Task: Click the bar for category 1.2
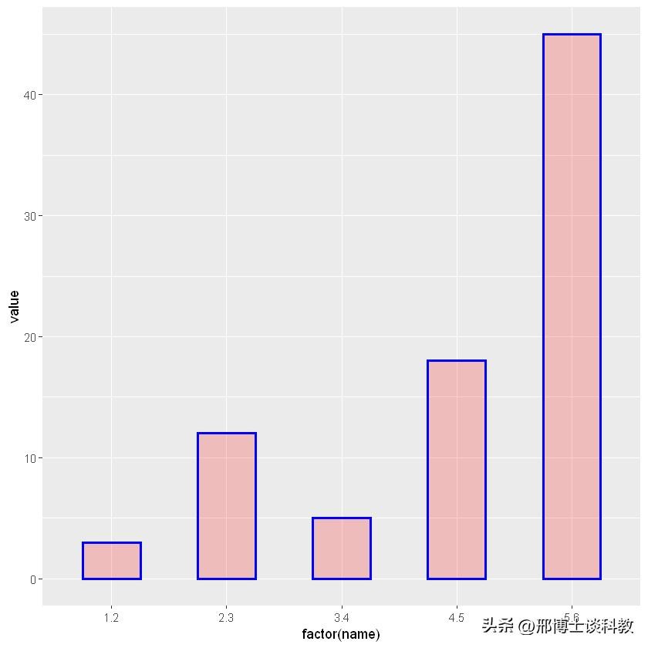point(112,561)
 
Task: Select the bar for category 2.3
point(227,506)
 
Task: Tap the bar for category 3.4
point(342,548)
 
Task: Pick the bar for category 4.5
point(457,470)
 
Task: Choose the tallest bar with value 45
point(572,306)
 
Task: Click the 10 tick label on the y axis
point(29,458)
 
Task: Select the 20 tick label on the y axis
point(29,337)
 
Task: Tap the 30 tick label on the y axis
point(29,216)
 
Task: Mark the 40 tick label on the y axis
point(29,95)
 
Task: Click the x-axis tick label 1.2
point(112,618)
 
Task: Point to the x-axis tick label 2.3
point(227,618)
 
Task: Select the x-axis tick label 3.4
point(342,618)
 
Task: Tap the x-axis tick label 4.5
point(457,618)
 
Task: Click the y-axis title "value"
point(14,306)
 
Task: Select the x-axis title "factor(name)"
point(341,635)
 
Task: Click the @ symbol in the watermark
point(526,626)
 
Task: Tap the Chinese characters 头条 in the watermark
point(498,626)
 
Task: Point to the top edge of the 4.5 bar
point(457,361)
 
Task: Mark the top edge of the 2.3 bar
point(227,434)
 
